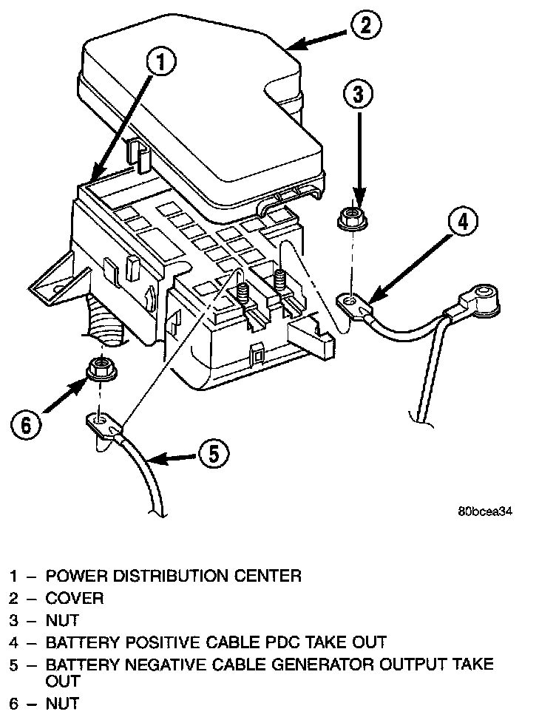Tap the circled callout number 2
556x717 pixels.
point(365,25)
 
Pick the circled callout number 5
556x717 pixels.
point(212,454)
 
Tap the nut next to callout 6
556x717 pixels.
point(100,367)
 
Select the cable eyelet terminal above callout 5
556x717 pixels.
point(102,424)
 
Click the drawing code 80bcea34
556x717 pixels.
point(484,511)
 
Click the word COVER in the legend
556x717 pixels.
point(75,598)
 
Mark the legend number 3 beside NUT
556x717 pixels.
point(14,620)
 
